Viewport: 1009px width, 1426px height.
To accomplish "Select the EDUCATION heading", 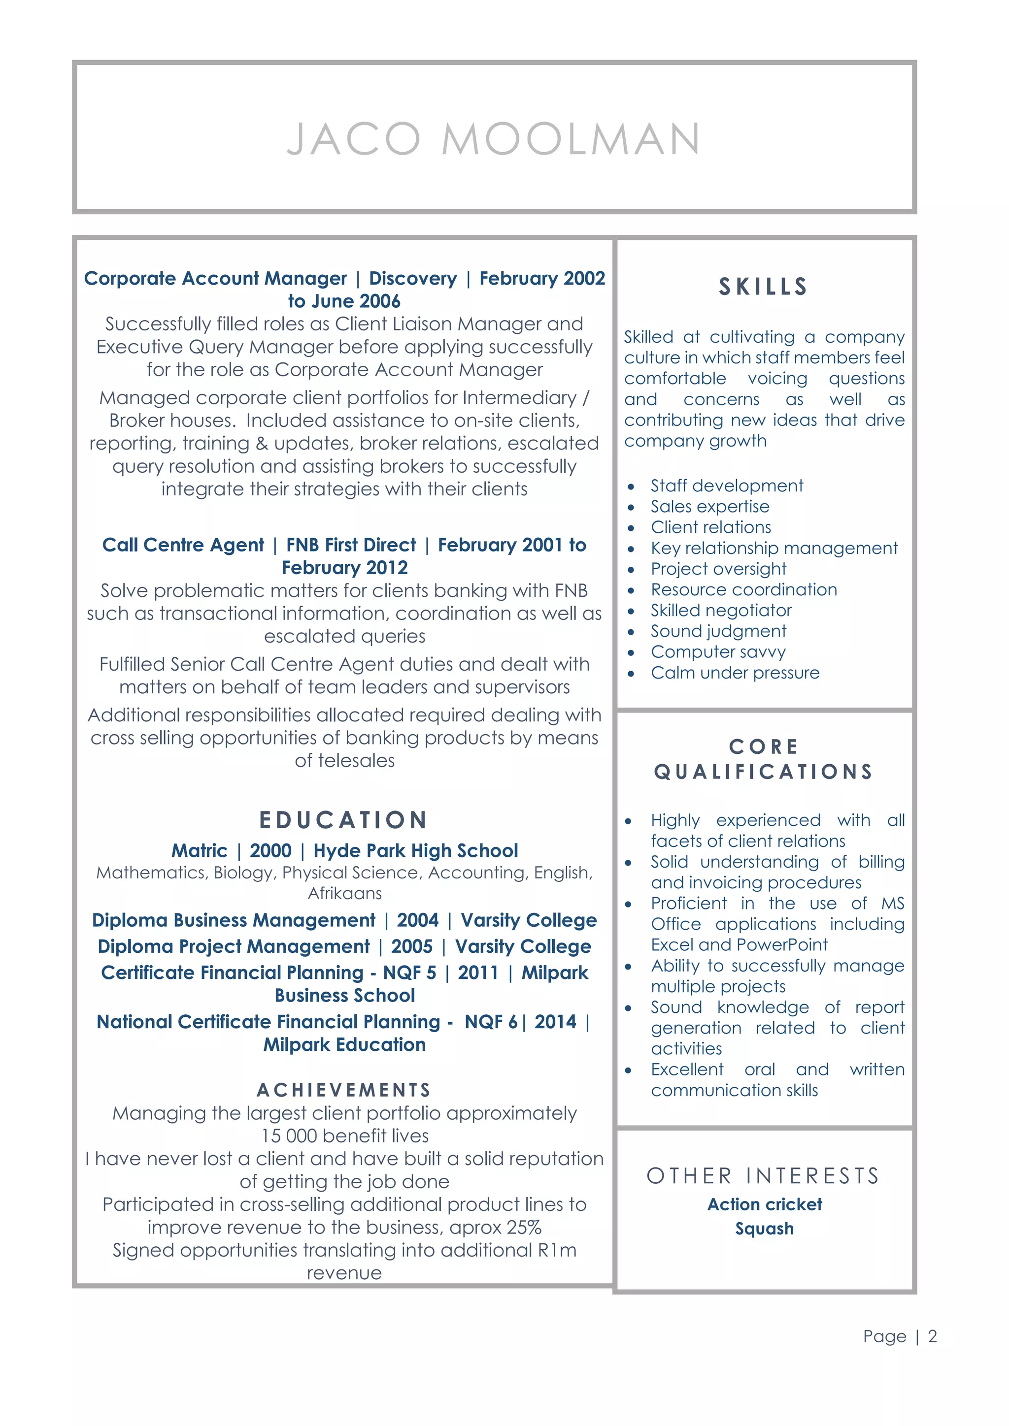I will (343, 820).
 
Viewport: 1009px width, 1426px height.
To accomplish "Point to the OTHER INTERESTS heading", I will (764, 1176).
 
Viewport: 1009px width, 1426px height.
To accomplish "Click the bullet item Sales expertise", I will (709, 506).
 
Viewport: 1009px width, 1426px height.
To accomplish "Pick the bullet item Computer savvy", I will (718, 651).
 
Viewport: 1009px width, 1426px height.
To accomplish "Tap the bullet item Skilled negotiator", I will (721, 610).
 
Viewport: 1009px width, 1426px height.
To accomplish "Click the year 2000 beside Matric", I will (270, 850).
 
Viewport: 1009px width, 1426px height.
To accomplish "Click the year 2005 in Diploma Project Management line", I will (411, 946).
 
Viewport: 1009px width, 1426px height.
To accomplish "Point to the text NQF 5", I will (409, 972).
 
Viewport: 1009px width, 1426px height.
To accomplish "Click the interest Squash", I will (764, 1229).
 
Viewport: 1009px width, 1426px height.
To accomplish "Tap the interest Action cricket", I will (764, 1204).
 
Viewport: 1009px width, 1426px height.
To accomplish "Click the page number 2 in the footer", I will (932, 1336).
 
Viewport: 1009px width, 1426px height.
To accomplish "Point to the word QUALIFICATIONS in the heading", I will (764, 772).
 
